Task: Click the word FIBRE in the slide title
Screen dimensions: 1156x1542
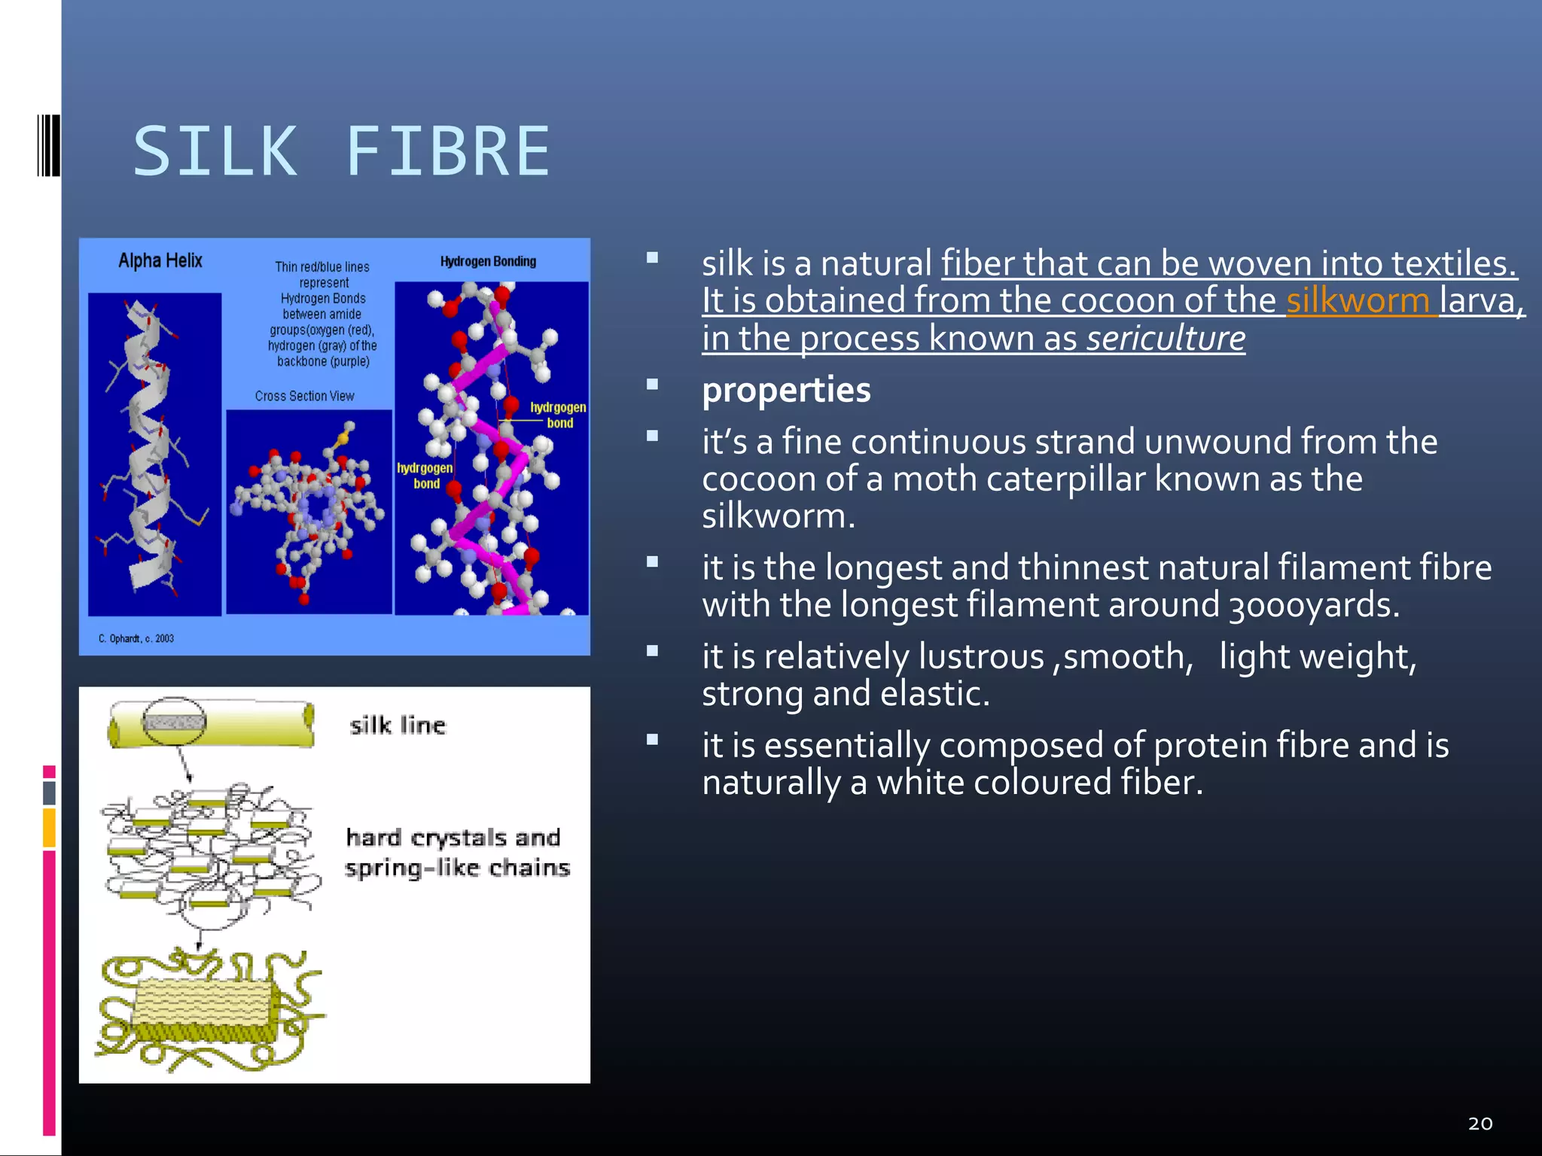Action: (x=447, y=152)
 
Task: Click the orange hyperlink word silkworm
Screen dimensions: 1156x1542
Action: (x=1358, y=300)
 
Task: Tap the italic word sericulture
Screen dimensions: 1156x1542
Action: (x=1166, y=338)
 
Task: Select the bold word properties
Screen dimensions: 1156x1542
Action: (x=786, y=390)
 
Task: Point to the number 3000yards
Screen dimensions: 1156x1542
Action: (x=1313, y=605)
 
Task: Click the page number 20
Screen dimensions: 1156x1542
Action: (x=1480, y=1124)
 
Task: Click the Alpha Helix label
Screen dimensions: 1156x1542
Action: (x=160, y=260)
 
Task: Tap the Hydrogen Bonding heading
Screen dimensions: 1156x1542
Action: (x=488, y=261)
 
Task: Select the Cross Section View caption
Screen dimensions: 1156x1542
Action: (x=304, y=396)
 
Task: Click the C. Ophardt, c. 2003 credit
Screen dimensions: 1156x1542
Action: (x=136, y=638)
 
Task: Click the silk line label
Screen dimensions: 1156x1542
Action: (x=398, y=725)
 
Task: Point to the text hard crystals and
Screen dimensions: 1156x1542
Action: (x=453, y=837)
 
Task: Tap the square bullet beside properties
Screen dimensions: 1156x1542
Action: (x=652, y=385)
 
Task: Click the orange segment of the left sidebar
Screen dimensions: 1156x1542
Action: (x=49, y=827)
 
